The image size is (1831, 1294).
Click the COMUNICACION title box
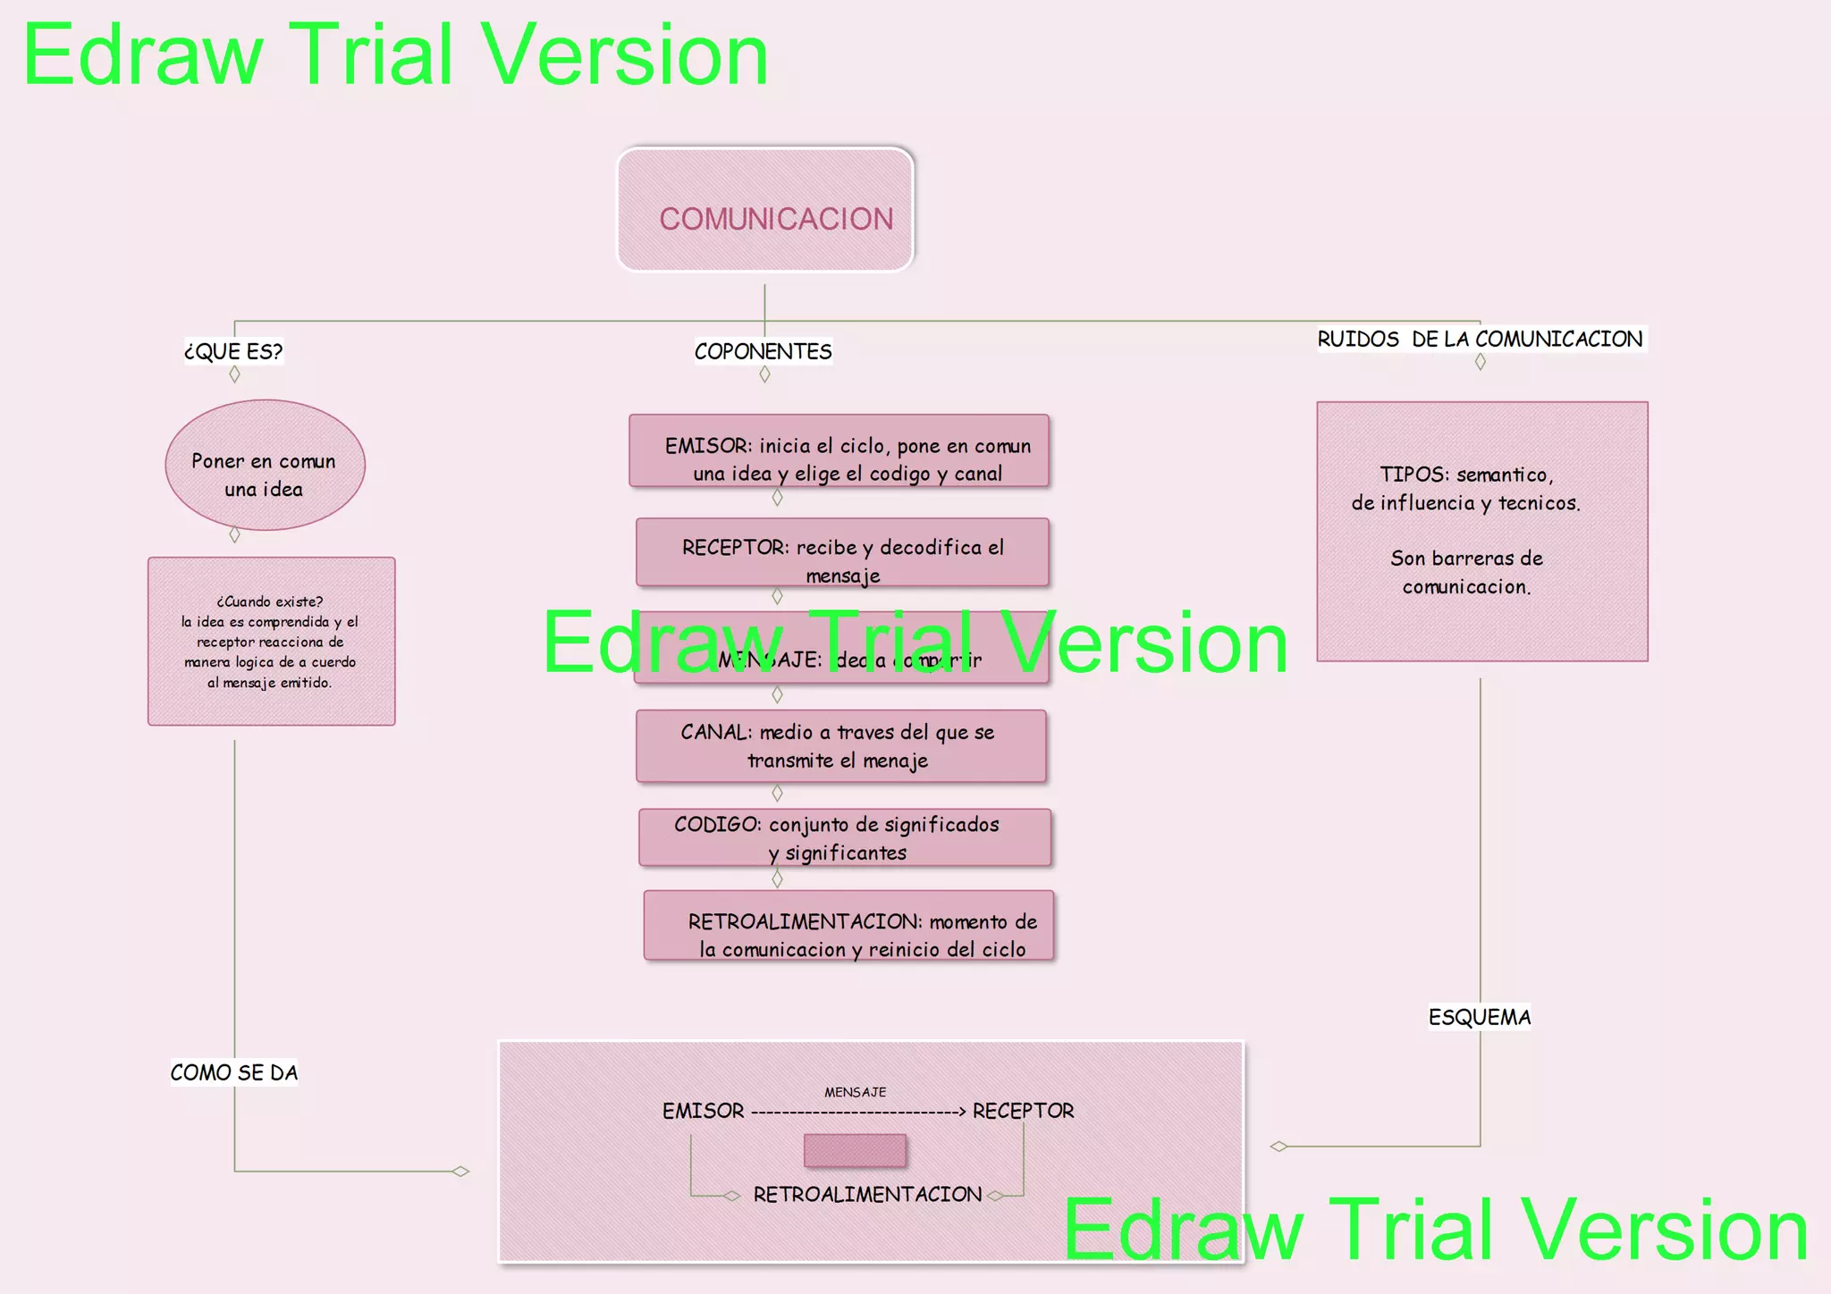(x=765, y=210)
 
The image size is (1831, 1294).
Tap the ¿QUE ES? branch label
(x=233, y=351)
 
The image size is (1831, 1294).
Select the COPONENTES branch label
(x=763, y=351)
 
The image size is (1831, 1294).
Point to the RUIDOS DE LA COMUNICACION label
(x=1480, y=339)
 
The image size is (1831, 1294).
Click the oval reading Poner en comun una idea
(x=265, y=465)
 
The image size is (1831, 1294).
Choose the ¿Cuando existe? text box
(x=271, y=641)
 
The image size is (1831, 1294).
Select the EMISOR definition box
(x=839, y=451)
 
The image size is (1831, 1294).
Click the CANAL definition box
(x=840, y=746)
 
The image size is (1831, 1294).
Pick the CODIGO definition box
(x=844, y=837)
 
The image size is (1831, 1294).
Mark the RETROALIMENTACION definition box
(x=848, y=926)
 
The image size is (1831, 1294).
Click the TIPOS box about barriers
(x=1481, y=532)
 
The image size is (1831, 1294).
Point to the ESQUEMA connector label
(x=1480, y=1017)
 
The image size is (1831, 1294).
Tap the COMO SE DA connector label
(x=234, y=1072)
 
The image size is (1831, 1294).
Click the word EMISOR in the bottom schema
(x=704, y=1111)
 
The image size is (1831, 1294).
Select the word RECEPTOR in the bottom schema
(x=1023, y=1111)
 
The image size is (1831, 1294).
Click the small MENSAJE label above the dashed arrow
(x=856, y=1092)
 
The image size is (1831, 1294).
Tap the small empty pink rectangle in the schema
(x=855, y=1151)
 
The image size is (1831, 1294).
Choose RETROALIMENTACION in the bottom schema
(x=867, y=1195)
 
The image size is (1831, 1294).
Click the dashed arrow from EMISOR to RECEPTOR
(x=858, y=1113)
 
